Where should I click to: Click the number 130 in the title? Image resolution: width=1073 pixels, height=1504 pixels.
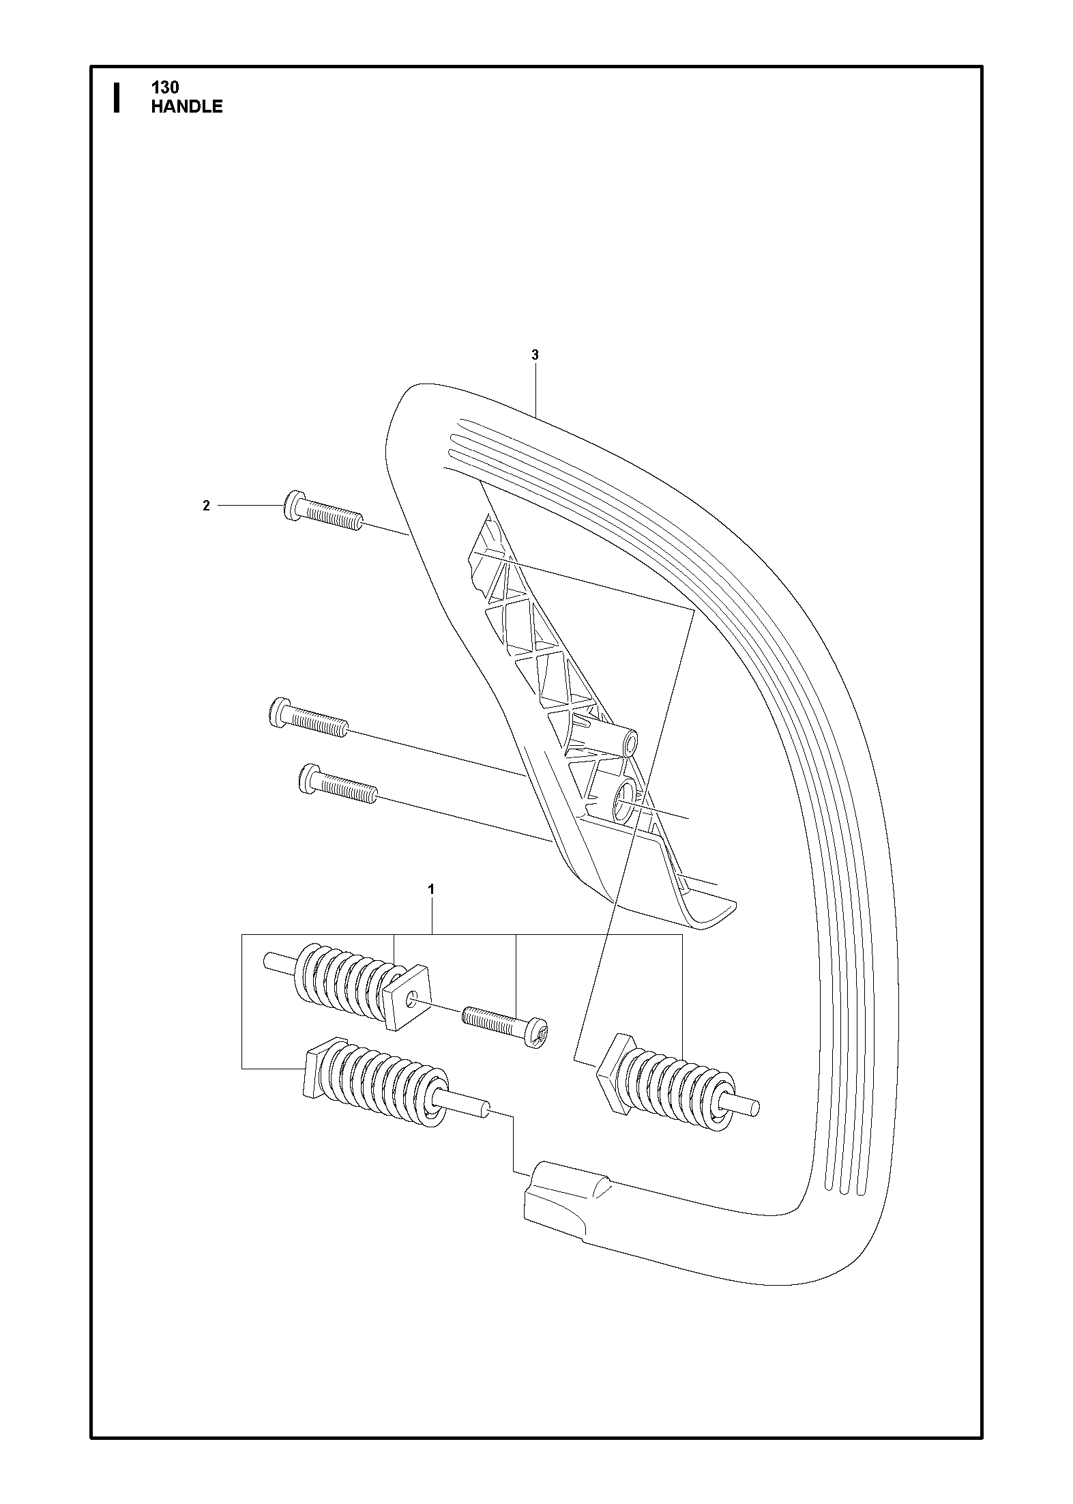click(165, 88)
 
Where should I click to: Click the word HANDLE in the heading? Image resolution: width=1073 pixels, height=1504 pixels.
click(187, 106)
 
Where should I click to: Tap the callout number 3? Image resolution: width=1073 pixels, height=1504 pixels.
click(535, 355)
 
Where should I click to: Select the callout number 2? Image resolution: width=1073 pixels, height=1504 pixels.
click(206, 506)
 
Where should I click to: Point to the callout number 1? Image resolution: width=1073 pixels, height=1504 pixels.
click(430, 889)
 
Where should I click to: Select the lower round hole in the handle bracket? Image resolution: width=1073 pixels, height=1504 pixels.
click(626, 796)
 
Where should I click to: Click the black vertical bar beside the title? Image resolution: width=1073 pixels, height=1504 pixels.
click(117, 98)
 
